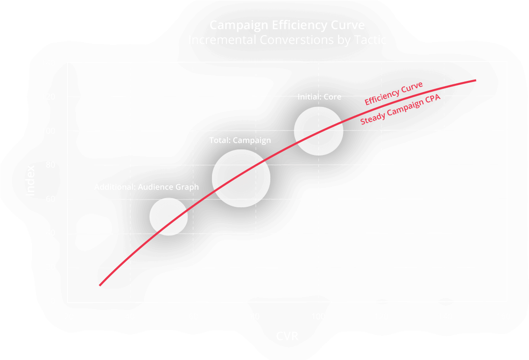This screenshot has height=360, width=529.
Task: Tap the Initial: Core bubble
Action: [318, 131]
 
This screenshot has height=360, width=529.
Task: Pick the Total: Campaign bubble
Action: [241, 178]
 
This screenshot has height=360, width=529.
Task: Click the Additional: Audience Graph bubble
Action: [168, 216]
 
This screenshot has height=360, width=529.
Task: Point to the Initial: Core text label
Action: [319, 97]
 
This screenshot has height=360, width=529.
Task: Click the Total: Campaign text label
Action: [240, 140]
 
